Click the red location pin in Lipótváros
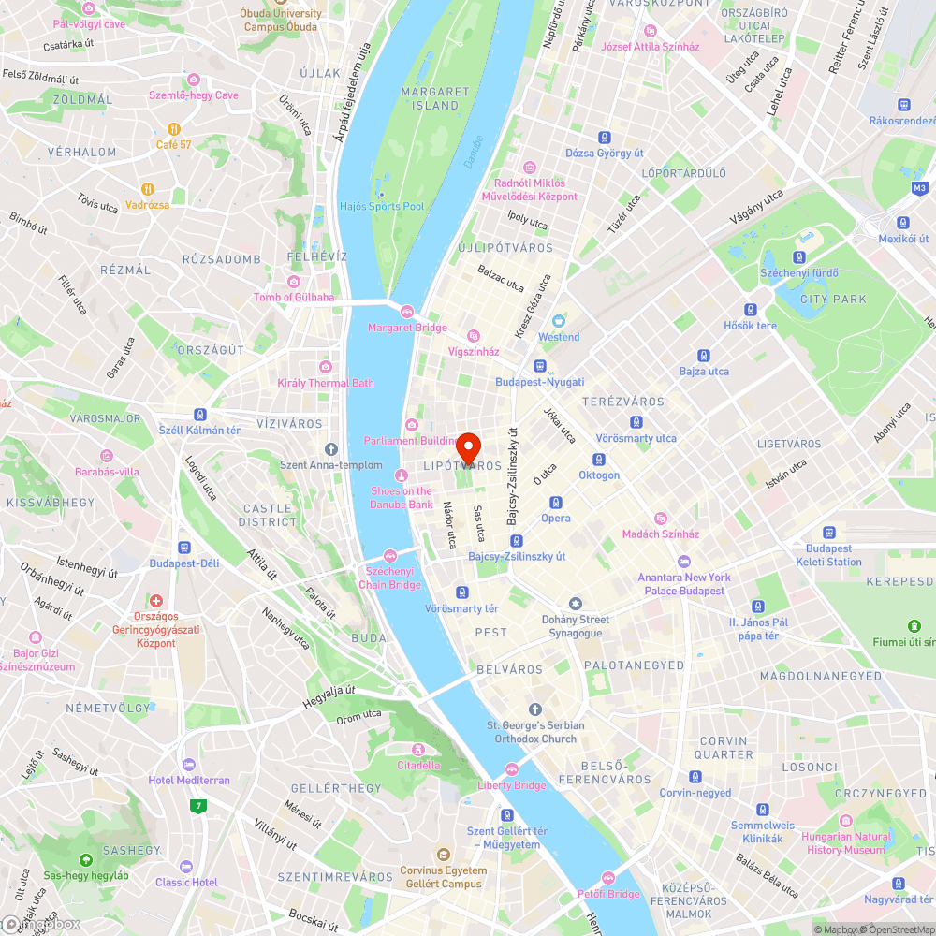468,444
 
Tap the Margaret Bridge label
407,328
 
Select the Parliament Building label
411,441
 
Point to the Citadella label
418,765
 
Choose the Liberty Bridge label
512,785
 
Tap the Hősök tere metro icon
750,310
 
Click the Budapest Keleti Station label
828,555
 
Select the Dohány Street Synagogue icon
576,604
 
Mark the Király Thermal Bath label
326,383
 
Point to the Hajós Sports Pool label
382,206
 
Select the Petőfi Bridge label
608,894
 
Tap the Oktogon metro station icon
598,460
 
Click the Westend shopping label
559,337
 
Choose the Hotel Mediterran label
189,780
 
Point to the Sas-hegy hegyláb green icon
86,859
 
